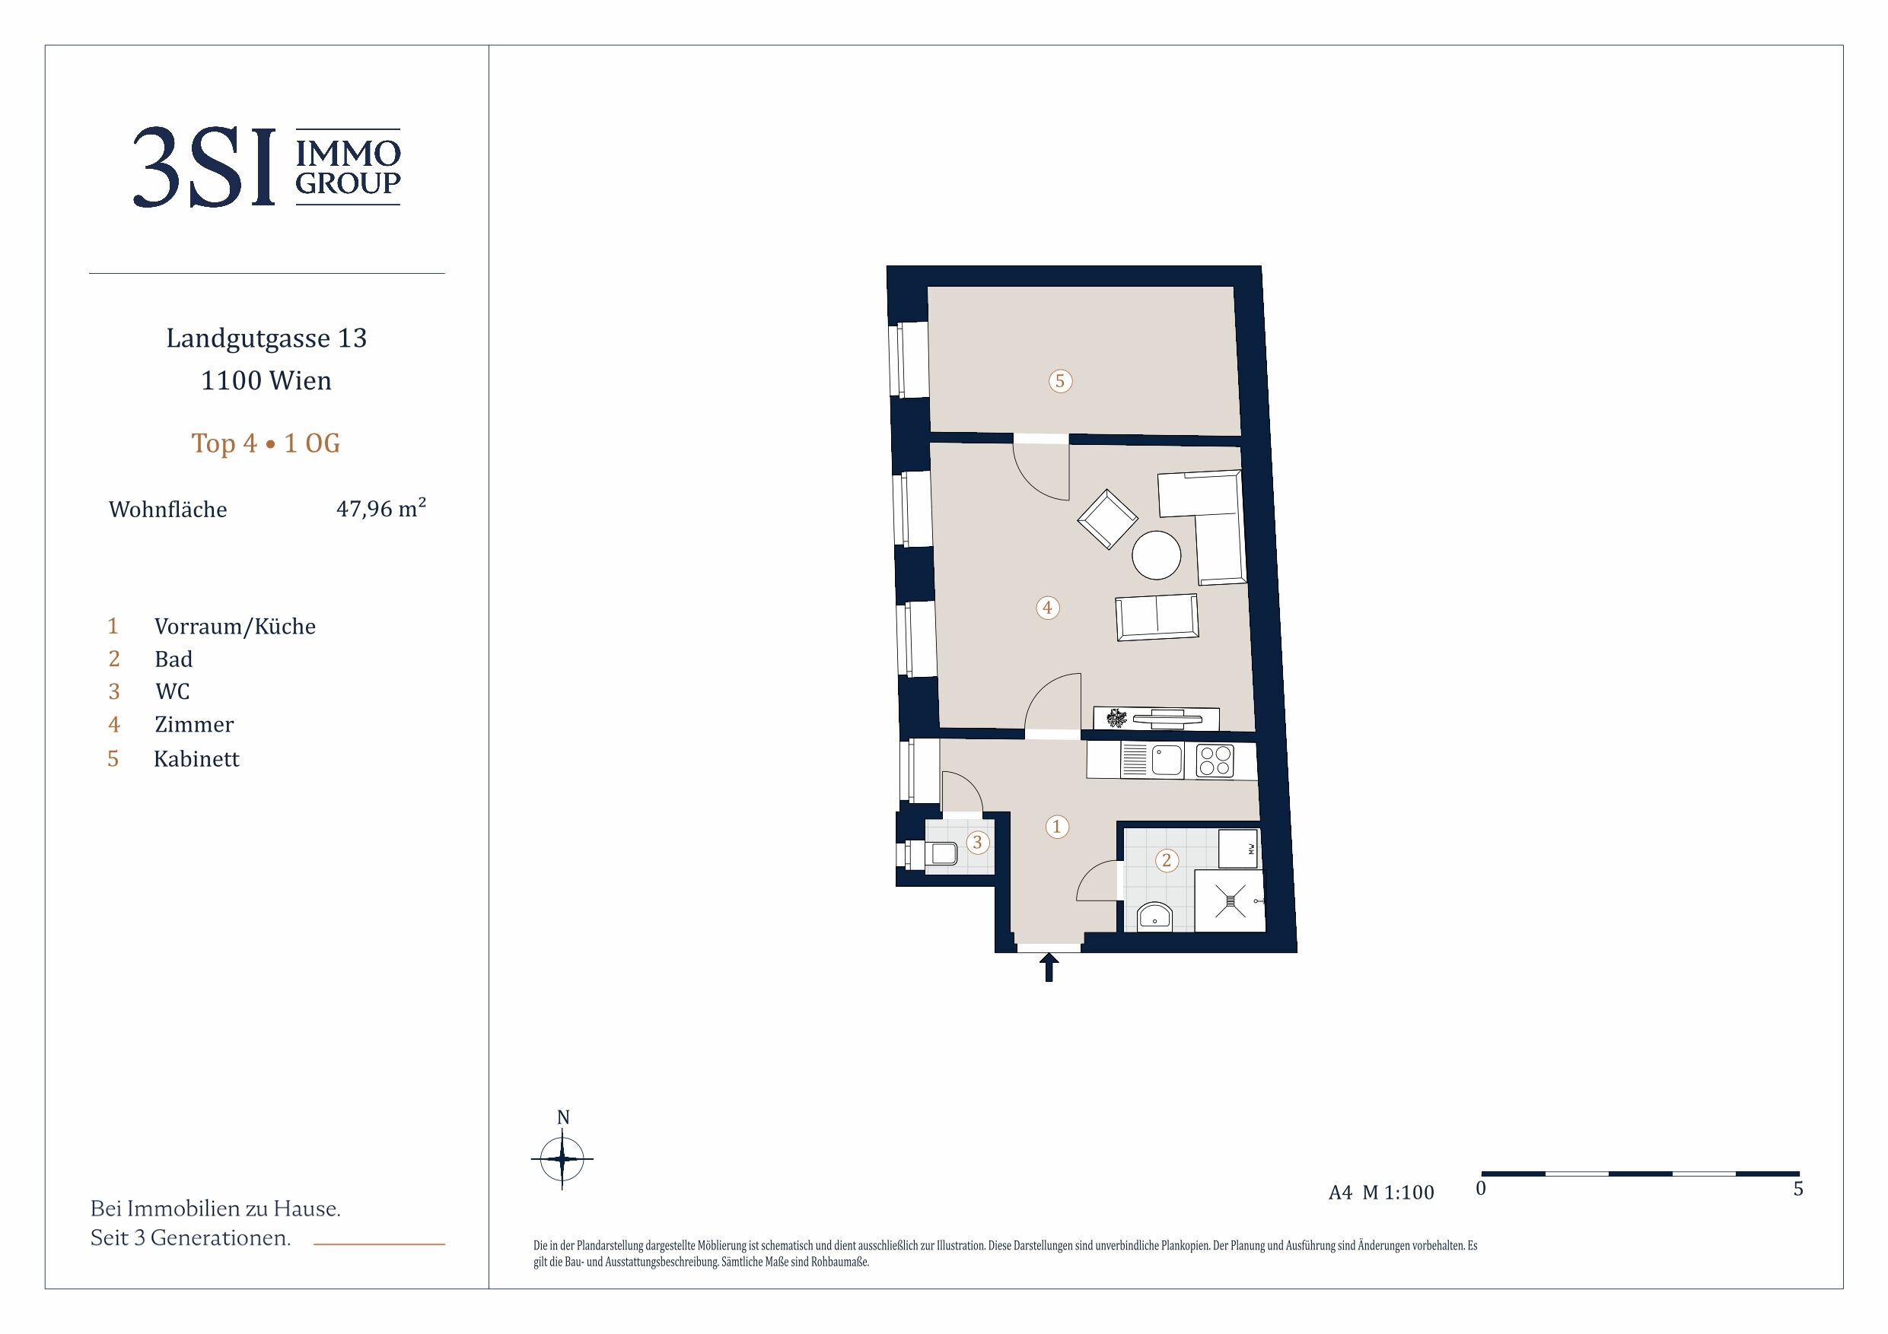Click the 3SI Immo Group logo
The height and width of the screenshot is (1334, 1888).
(266, 167)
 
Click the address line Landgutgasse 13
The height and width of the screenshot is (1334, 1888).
(266, 338)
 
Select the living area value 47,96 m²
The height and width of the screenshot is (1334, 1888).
(380, 508)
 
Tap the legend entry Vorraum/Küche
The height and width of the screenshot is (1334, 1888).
(235, 627)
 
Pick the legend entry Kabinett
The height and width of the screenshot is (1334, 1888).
(196, 758)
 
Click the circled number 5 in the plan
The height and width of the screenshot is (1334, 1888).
(1060, 380)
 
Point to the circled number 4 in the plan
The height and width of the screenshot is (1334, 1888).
(1047, 608)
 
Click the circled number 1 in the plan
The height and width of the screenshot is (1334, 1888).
(1057, 826)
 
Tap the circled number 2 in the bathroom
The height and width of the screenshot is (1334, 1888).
(1166, 861)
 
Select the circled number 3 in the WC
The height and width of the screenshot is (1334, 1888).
(977, 842)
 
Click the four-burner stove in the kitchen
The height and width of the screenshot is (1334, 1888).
(1215, 760)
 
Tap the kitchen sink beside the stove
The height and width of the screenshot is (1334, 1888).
(1167, 761)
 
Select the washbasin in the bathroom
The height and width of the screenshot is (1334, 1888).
(1156, 916)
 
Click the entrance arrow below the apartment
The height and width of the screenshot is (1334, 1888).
(1049, 967)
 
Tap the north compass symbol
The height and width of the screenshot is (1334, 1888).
(562, 1158)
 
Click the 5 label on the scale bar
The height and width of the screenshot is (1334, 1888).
(1798, 1189)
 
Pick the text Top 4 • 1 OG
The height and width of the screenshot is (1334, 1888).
(266, 443)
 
